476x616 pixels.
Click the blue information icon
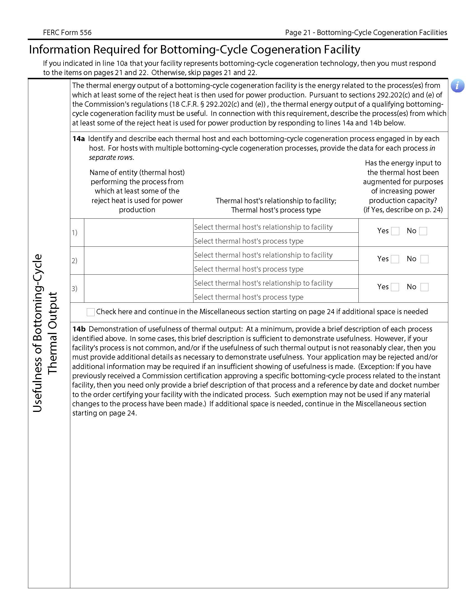[457, 85]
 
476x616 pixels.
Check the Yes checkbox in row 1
[395, 231]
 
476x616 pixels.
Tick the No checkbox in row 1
[423, 231]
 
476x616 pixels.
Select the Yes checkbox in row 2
[395, 259]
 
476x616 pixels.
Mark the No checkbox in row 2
[424, 259]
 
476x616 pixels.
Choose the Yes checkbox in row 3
[395, 287]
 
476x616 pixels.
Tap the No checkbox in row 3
[424, 287]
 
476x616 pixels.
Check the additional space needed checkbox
[90, 312]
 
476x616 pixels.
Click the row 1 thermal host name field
[138, 232]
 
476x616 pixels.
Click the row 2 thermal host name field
[138, 260]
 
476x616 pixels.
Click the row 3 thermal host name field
[138, 288]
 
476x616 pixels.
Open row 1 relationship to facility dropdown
[276, 227]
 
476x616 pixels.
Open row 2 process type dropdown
[276, 269]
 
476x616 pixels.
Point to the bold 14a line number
[78, 139]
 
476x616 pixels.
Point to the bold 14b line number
[79, 329]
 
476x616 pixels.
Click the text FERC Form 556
[67, 33]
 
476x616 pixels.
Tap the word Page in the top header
[293, 33]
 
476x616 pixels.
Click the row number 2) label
[74, 261]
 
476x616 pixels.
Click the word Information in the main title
[59, 50]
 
